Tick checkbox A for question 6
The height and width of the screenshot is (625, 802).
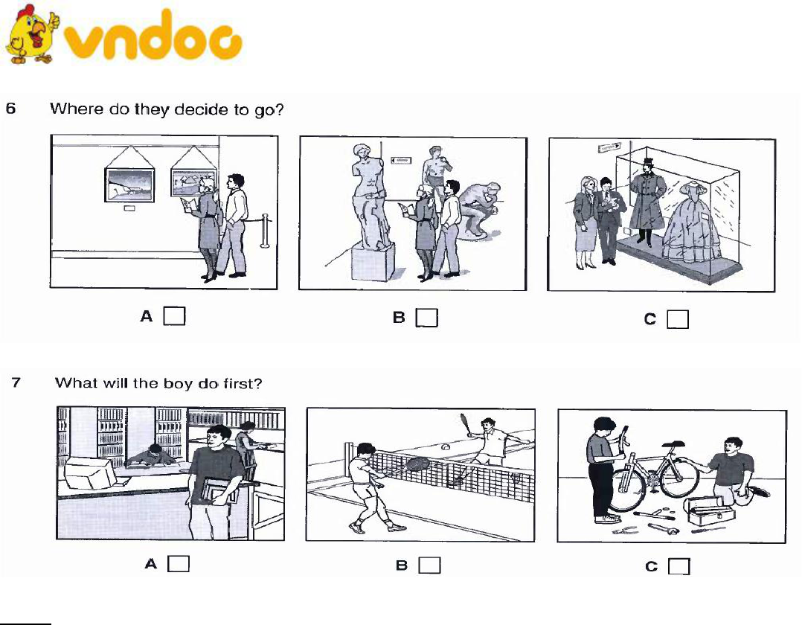point(174,315)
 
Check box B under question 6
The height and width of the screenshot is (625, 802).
point(426,318)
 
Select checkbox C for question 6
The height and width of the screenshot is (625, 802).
point(678,319)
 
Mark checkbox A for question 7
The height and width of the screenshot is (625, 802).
point(179,564)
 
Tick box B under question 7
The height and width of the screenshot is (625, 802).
point(430,565)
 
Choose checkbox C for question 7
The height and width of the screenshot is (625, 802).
point(679,566)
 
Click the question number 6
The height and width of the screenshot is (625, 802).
point(10,109)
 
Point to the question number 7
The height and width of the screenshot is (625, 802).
point(16,382)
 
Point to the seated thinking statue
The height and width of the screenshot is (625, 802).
point(479,210)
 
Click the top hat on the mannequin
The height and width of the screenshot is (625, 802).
point(649,163)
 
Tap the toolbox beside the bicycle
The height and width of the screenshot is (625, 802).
point(710,511)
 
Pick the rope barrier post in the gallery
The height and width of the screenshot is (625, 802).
point(265,231)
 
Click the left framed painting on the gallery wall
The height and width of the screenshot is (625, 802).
point(129,185)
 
